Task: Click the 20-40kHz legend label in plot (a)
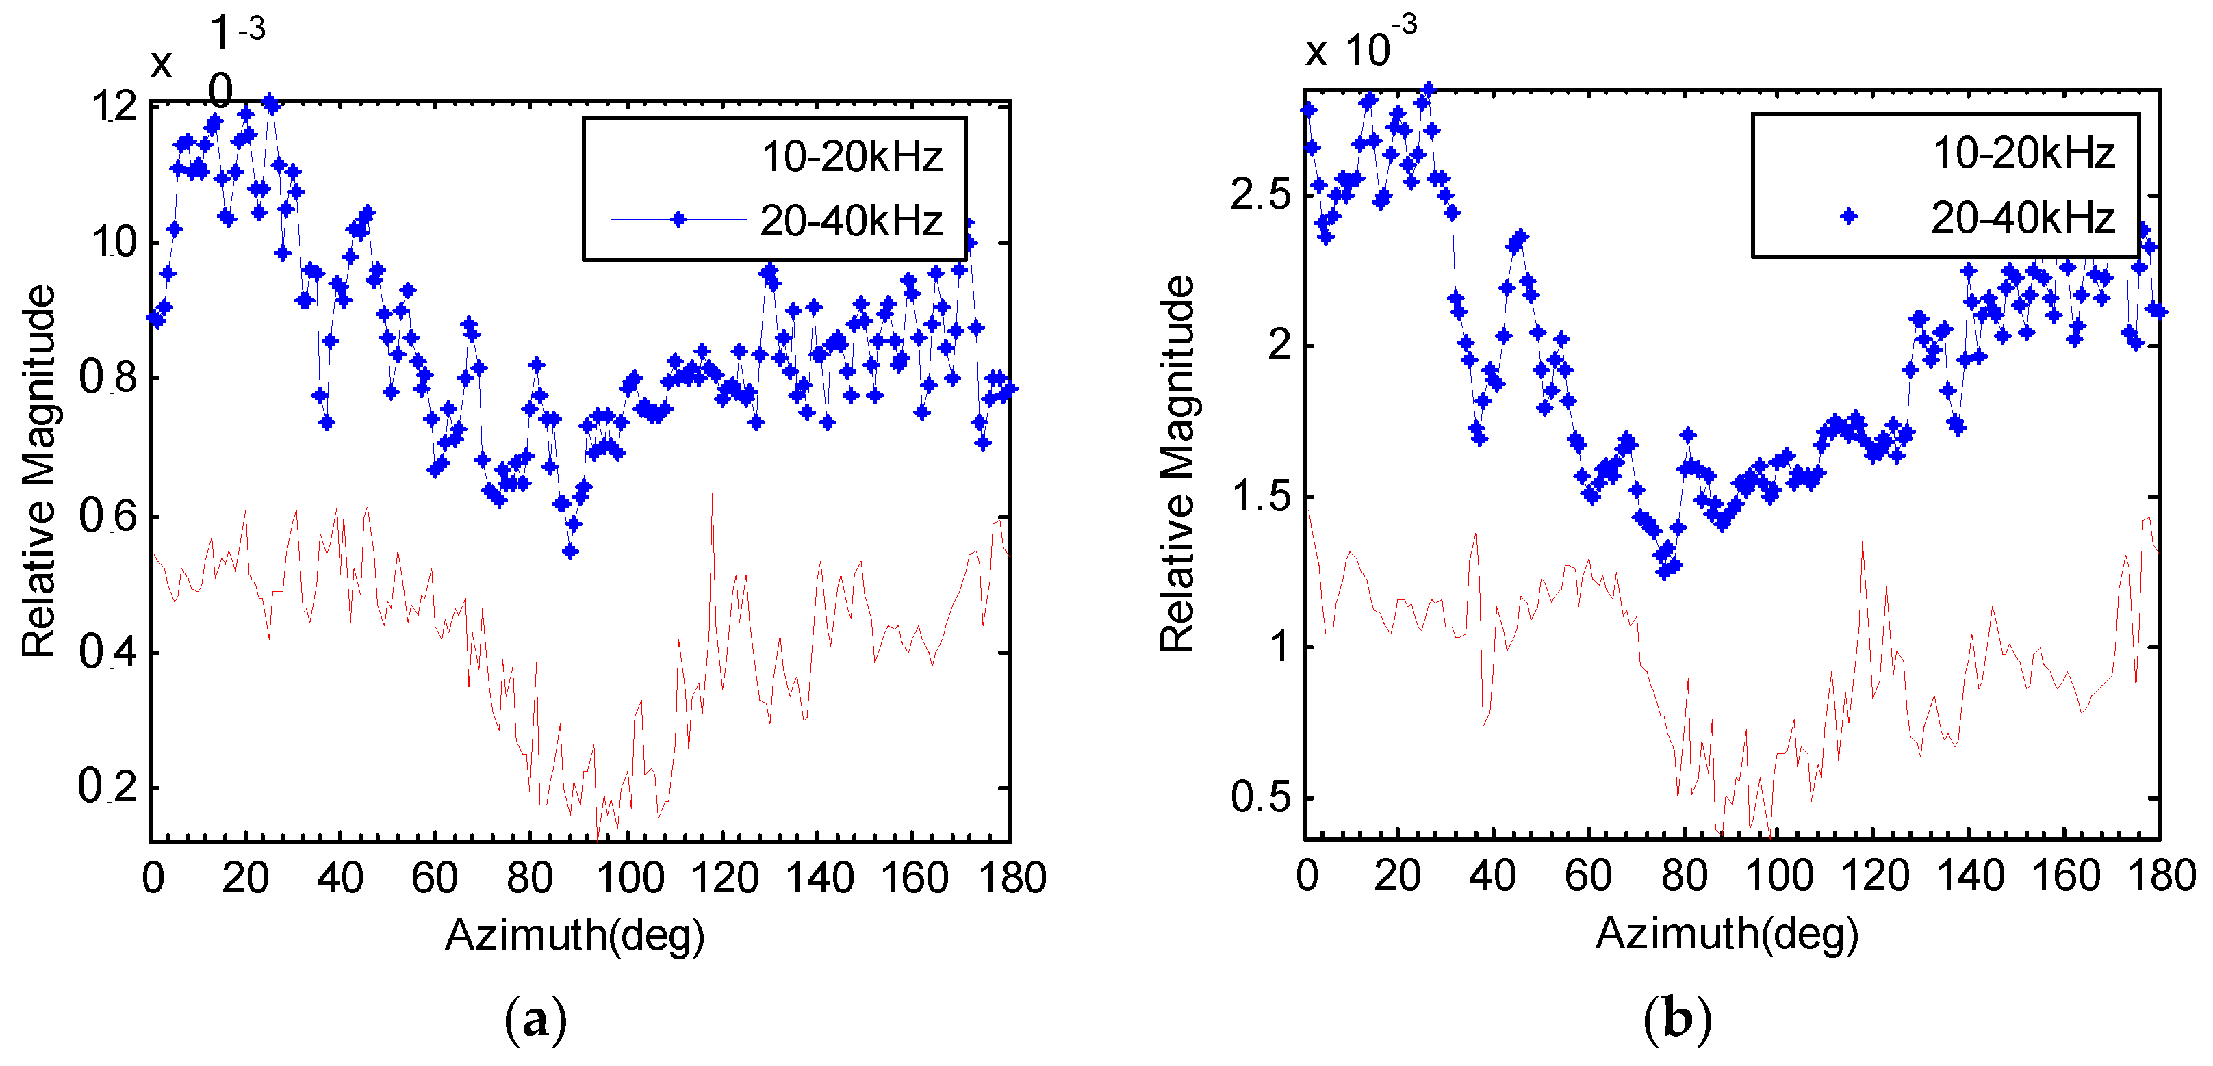(x=852, y=222)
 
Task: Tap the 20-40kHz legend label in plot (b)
(x=2023, y=218)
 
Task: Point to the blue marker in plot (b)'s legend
(x=1848, y=216)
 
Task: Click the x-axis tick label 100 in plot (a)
(x=630, y=878)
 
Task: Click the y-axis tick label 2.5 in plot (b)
(x=1260, y=195)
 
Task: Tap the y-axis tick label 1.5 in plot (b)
(x=1260, y=497)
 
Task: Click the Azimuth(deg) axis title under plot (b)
(x=1727, y=933)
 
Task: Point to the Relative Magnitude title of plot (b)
(x=1178, y=464)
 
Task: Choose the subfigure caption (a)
(x=535, y=1019)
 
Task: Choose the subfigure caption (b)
(x=1677, y=1019)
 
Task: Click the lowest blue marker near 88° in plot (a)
(x=570, y=551)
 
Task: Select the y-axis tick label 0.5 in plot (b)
(x=1260, y=798)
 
